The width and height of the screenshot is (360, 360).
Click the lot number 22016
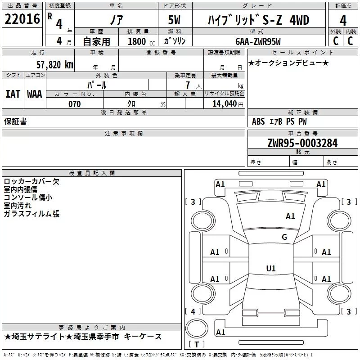pos(22,20)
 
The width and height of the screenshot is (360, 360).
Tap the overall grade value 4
pos(343,20)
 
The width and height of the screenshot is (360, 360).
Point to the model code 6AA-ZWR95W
pos(258,41)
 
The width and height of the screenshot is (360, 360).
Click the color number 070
pos(75,104)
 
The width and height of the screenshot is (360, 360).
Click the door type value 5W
pos(175,20)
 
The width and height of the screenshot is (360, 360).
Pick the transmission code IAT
pos(13,94)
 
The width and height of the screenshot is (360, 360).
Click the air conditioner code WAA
pos(35,94)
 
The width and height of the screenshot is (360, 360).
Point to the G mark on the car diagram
pos(284,237)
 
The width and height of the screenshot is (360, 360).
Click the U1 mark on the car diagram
pos(270,269)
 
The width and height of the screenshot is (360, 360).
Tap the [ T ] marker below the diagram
pos(196,345)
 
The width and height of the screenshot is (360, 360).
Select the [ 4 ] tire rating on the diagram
pos(193,311)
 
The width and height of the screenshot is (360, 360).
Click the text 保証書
pos(15,121)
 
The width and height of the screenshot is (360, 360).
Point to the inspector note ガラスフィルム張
pos(31,214)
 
